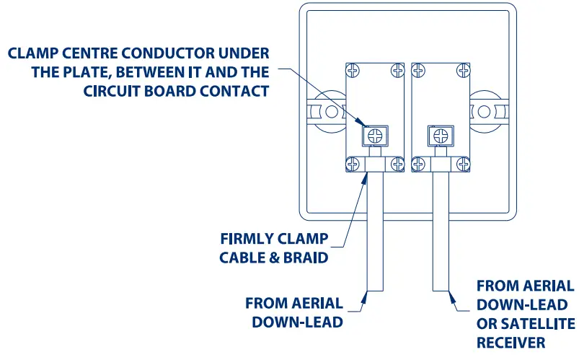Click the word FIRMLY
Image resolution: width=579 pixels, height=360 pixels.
click(x=246, y=239)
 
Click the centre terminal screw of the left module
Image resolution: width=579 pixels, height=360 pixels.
click(x=374, y=135)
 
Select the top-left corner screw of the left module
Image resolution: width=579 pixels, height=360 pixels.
click(x=353, y=71)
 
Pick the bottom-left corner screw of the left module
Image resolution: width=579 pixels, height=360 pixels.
click(x=353, y=165)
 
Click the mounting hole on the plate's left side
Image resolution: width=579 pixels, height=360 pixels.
click(x=331, y=112)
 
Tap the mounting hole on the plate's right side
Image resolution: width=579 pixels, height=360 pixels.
click(x=481, y=112)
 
